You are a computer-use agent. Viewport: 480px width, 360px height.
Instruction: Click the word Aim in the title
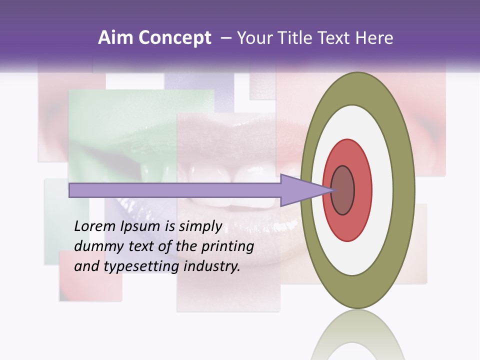(x=116, y=38)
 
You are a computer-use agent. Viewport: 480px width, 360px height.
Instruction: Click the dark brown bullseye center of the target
(x=343, y=190)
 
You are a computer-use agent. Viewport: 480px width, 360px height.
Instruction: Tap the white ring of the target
(x=383, y=190)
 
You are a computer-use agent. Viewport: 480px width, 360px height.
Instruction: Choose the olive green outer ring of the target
(x=405, y=190)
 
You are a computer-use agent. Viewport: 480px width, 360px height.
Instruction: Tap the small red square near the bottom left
(x=90, y=277)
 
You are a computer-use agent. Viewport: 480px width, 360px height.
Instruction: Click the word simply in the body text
(x=200, y=226)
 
